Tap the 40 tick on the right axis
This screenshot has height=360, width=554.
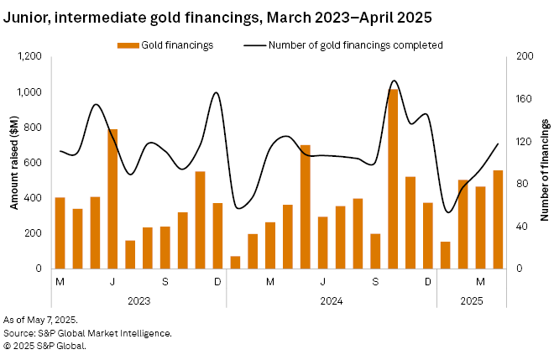coord(523,227)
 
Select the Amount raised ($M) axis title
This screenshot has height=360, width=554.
coord(14,162)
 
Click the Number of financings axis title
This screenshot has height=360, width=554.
coord(544,162)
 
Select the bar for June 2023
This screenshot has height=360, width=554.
coord(112,199)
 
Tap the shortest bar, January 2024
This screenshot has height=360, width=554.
coord(235,262)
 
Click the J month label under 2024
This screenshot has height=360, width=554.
coord(322,281)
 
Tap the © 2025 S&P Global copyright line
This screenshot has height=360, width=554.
coord(45,345)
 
